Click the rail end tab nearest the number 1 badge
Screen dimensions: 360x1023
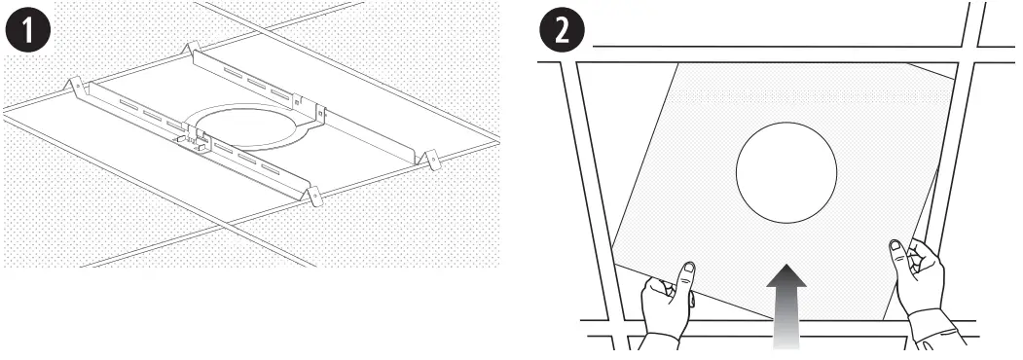[73, 87]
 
